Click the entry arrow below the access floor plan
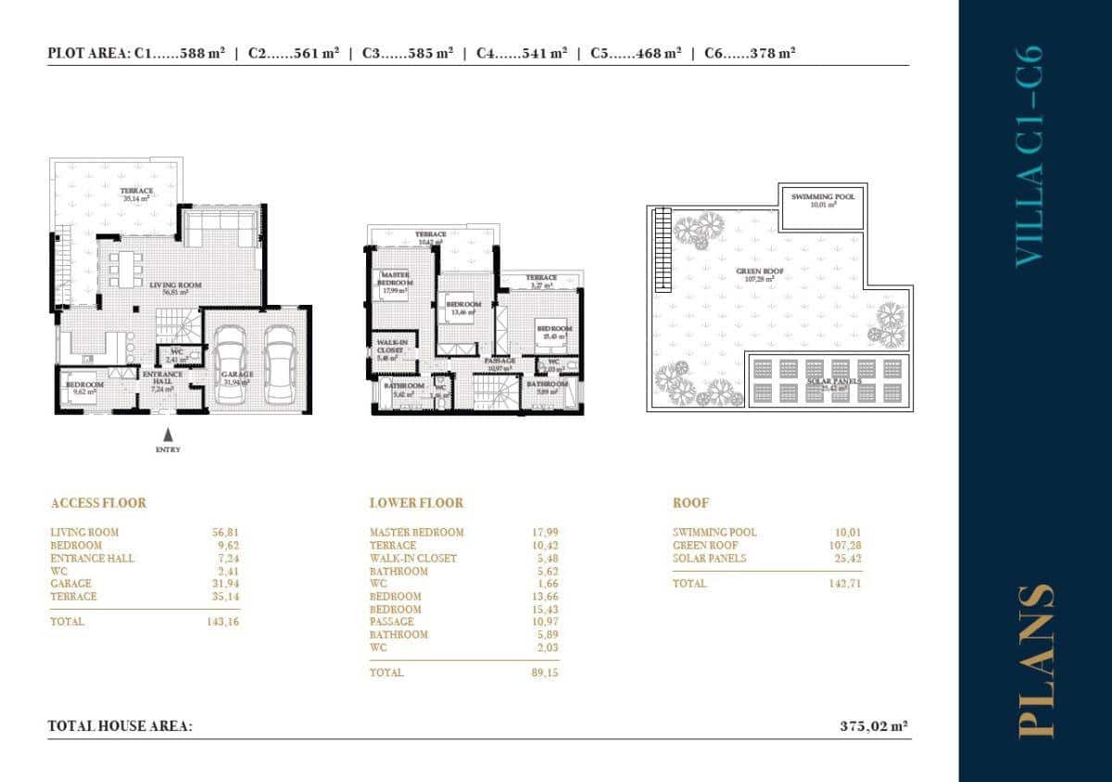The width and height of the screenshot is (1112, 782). pyautogui.click(x=168, y=434)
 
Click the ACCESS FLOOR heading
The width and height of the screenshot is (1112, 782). pyautogui.click(x=98, y=503)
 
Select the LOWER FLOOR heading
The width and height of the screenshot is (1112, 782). pyautogui.click(x=416, y=503)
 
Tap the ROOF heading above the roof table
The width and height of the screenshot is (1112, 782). pyautogui.click(x=690, y=503)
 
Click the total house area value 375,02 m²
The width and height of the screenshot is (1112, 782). pyautogui.click(x=872, y=727)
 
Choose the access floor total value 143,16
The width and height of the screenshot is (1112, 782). pyautogui.click(x=223, y=622)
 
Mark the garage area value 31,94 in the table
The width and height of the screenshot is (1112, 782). pyautogui.click(x=225, y=584)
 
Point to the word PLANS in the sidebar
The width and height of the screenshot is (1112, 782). pyautogui.click(x=1035, y=661)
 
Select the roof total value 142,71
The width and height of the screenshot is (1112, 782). pyautogui.click(x=847, y=584)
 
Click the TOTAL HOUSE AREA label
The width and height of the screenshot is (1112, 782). pyautogui.click(x=120, y=727)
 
